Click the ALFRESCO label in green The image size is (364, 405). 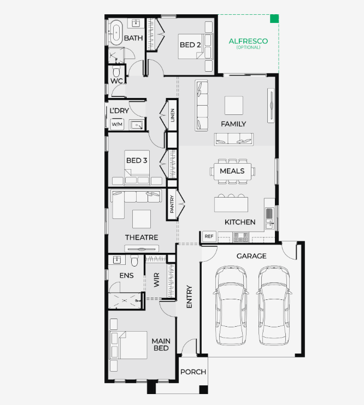pos(248,41)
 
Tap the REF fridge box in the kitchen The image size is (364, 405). pos(209,236)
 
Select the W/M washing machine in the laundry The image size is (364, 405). pos(117,124)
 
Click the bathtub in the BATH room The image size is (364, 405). pos(116,33)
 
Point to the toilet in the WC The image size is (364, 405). pos(116,71)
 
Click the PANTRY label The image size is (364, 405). pos(172,204)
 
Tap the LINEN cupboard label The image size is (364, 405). pos(173,115)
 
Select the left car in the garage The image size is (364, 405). pos(231,305)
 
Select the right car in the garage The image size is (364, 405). pos(274,305)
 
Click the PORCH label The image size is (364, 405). pos(193,372)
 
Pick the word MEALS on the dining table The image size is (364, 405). pos(232,171)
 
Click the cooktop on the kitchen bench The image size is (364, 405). pos(240,237)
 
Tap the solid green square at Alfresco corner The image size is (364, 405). pos(274,19)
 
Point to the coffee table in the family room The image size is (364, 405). pos(234,106)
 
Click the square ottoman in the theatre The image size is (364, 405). pos(142,219)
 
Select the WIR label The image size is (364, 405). pos(157,280)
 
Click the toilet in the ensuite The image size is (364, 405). pos(134,261)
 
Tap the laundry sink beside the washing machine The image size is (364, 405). pos(137,125)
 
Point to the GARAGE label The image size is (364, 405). pos(251,256)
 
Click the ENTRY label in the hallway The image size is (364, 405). pos(189,297)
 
